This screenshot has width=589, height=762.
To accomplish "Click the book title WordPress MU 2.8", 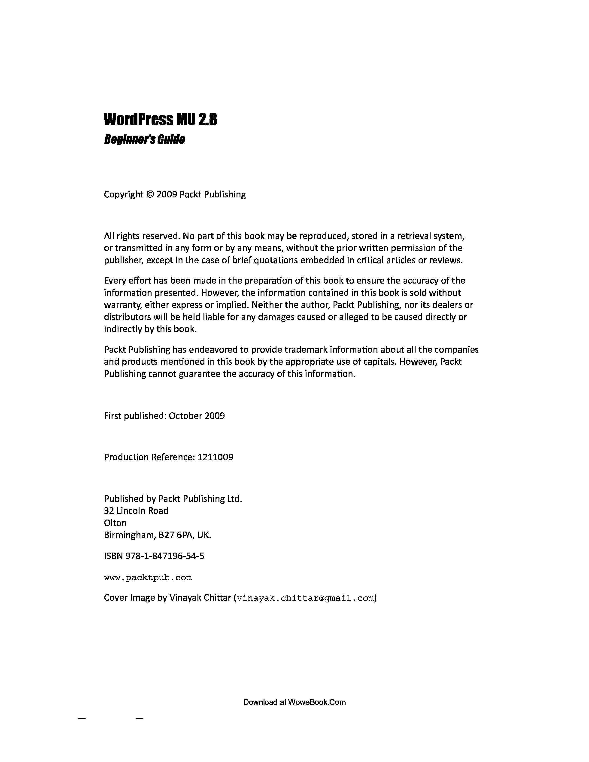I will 160,120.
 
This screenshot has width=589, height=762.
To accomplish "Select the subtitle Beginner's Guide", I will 144,139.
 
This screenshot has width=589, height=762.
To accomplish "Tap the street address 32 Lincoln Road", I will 136,511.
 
